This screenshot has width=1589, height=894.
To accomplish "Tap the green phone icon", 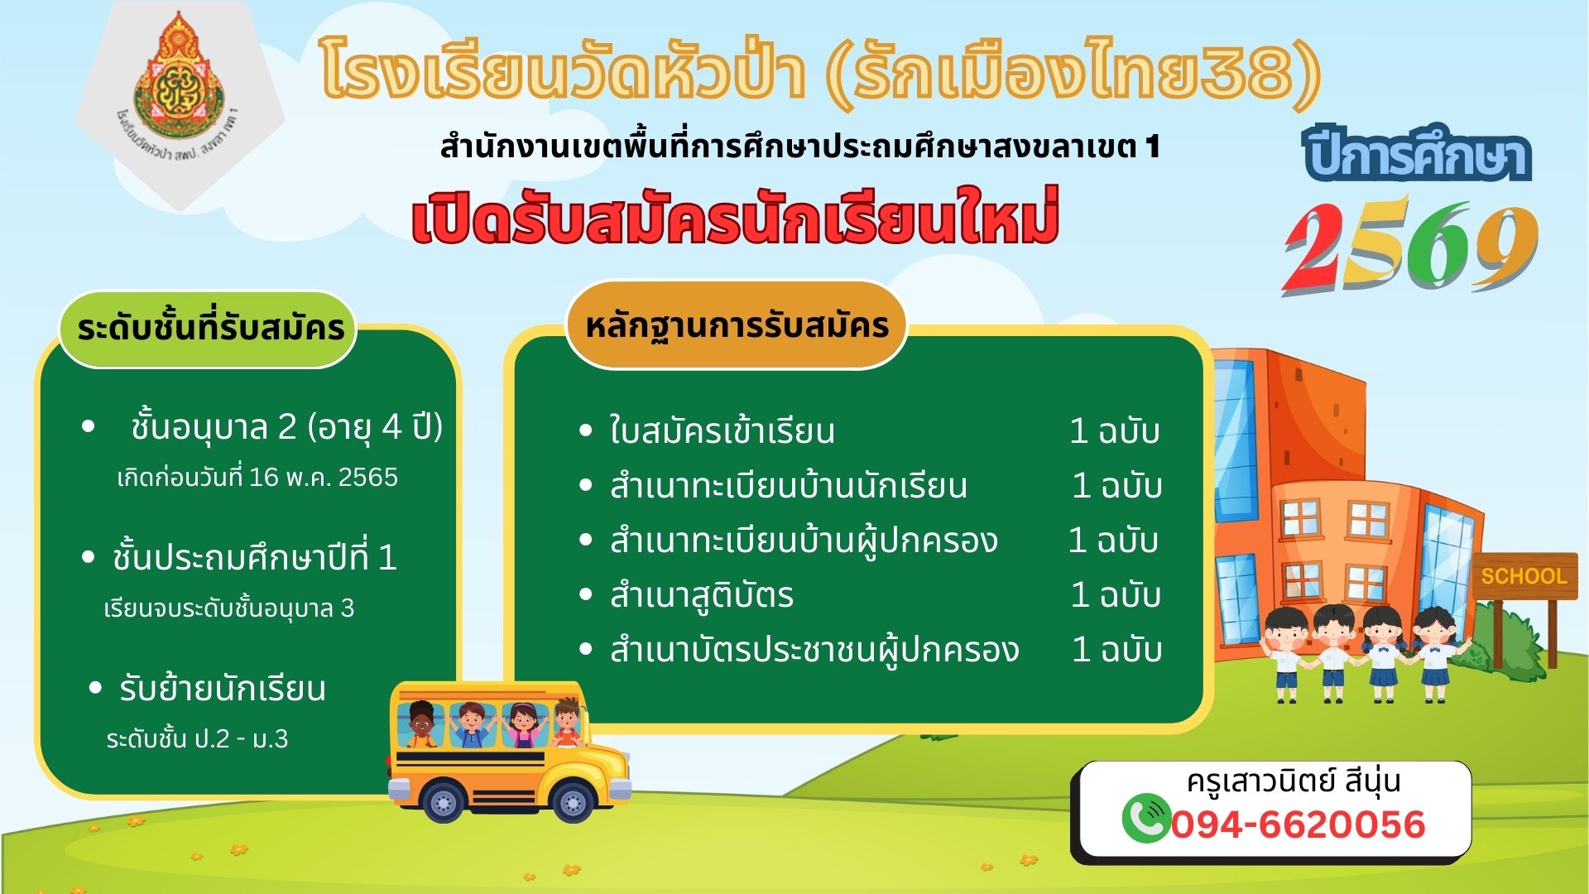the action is click(x=1146, y=817).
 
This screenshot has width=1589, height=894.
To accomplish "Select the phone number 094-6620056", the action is click(x=1299, y=824).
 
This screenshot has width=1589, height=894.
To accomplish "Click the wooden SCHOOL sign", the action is click(x=1524, y=575).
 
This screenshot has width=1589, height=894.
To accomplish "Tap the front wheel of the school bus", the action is click(x=572, y=800).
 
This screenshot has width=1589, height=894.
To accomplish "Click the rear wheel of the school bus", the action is click(x=443, y=800).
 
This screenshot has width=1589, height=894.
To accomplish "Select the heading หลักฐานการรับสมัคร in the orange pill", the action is click(x=737, y=325).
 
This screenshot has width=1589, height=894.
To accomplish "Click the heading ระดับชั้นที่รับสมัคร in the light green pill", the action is click(x=210, y=329).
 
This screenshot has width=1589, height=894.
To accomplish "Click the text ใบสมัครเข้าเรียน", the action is click(x=722, y=430).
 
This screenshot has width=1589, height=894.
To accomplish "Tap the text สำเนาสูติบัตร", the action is click(x=701, y=594).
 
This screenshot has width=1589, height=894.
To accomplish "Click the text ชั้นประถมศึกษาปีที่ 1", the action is click(x=255, y=558).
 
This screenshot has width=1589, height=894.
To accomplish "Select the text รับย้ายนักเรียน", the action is click(x=222, y=689).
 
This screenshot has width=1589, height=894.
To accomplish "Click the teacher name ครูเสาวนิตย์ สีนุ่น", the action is click(x=1294, y=782).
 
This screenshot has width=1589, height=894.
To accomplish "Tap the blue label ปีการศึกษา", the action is click(x=1417, y=155).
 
